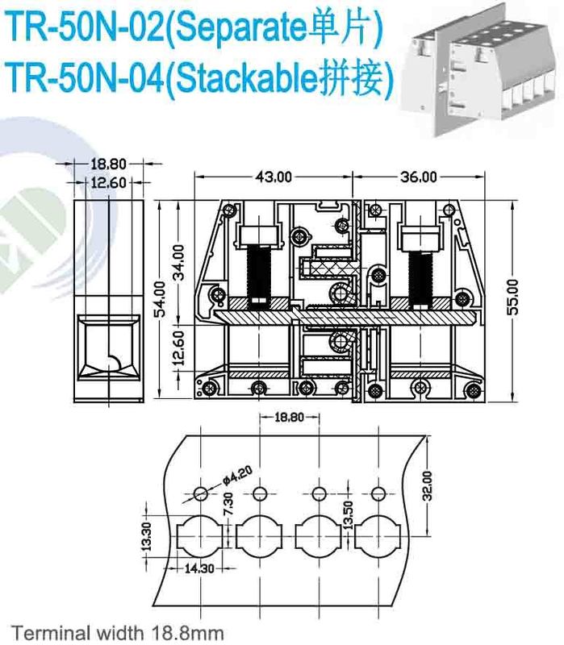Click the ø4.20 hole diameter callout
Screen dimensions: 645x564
(226, 476)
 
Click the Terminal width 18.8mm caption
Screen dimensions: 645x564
(117, 631)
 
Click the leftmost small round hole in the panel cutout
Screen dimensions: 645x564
(200, 493)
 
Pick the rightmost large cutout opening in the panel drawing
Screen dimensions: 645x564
(378, 534)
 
